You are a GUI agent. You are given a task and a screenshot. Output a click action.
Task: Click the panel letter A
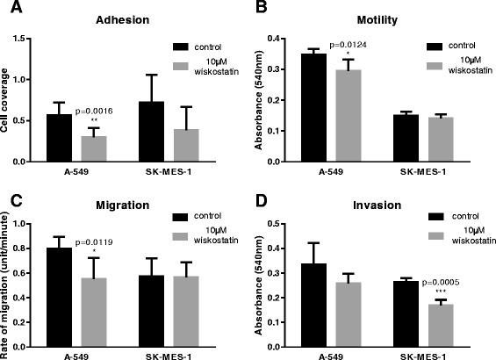click(x=8, y=9)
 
